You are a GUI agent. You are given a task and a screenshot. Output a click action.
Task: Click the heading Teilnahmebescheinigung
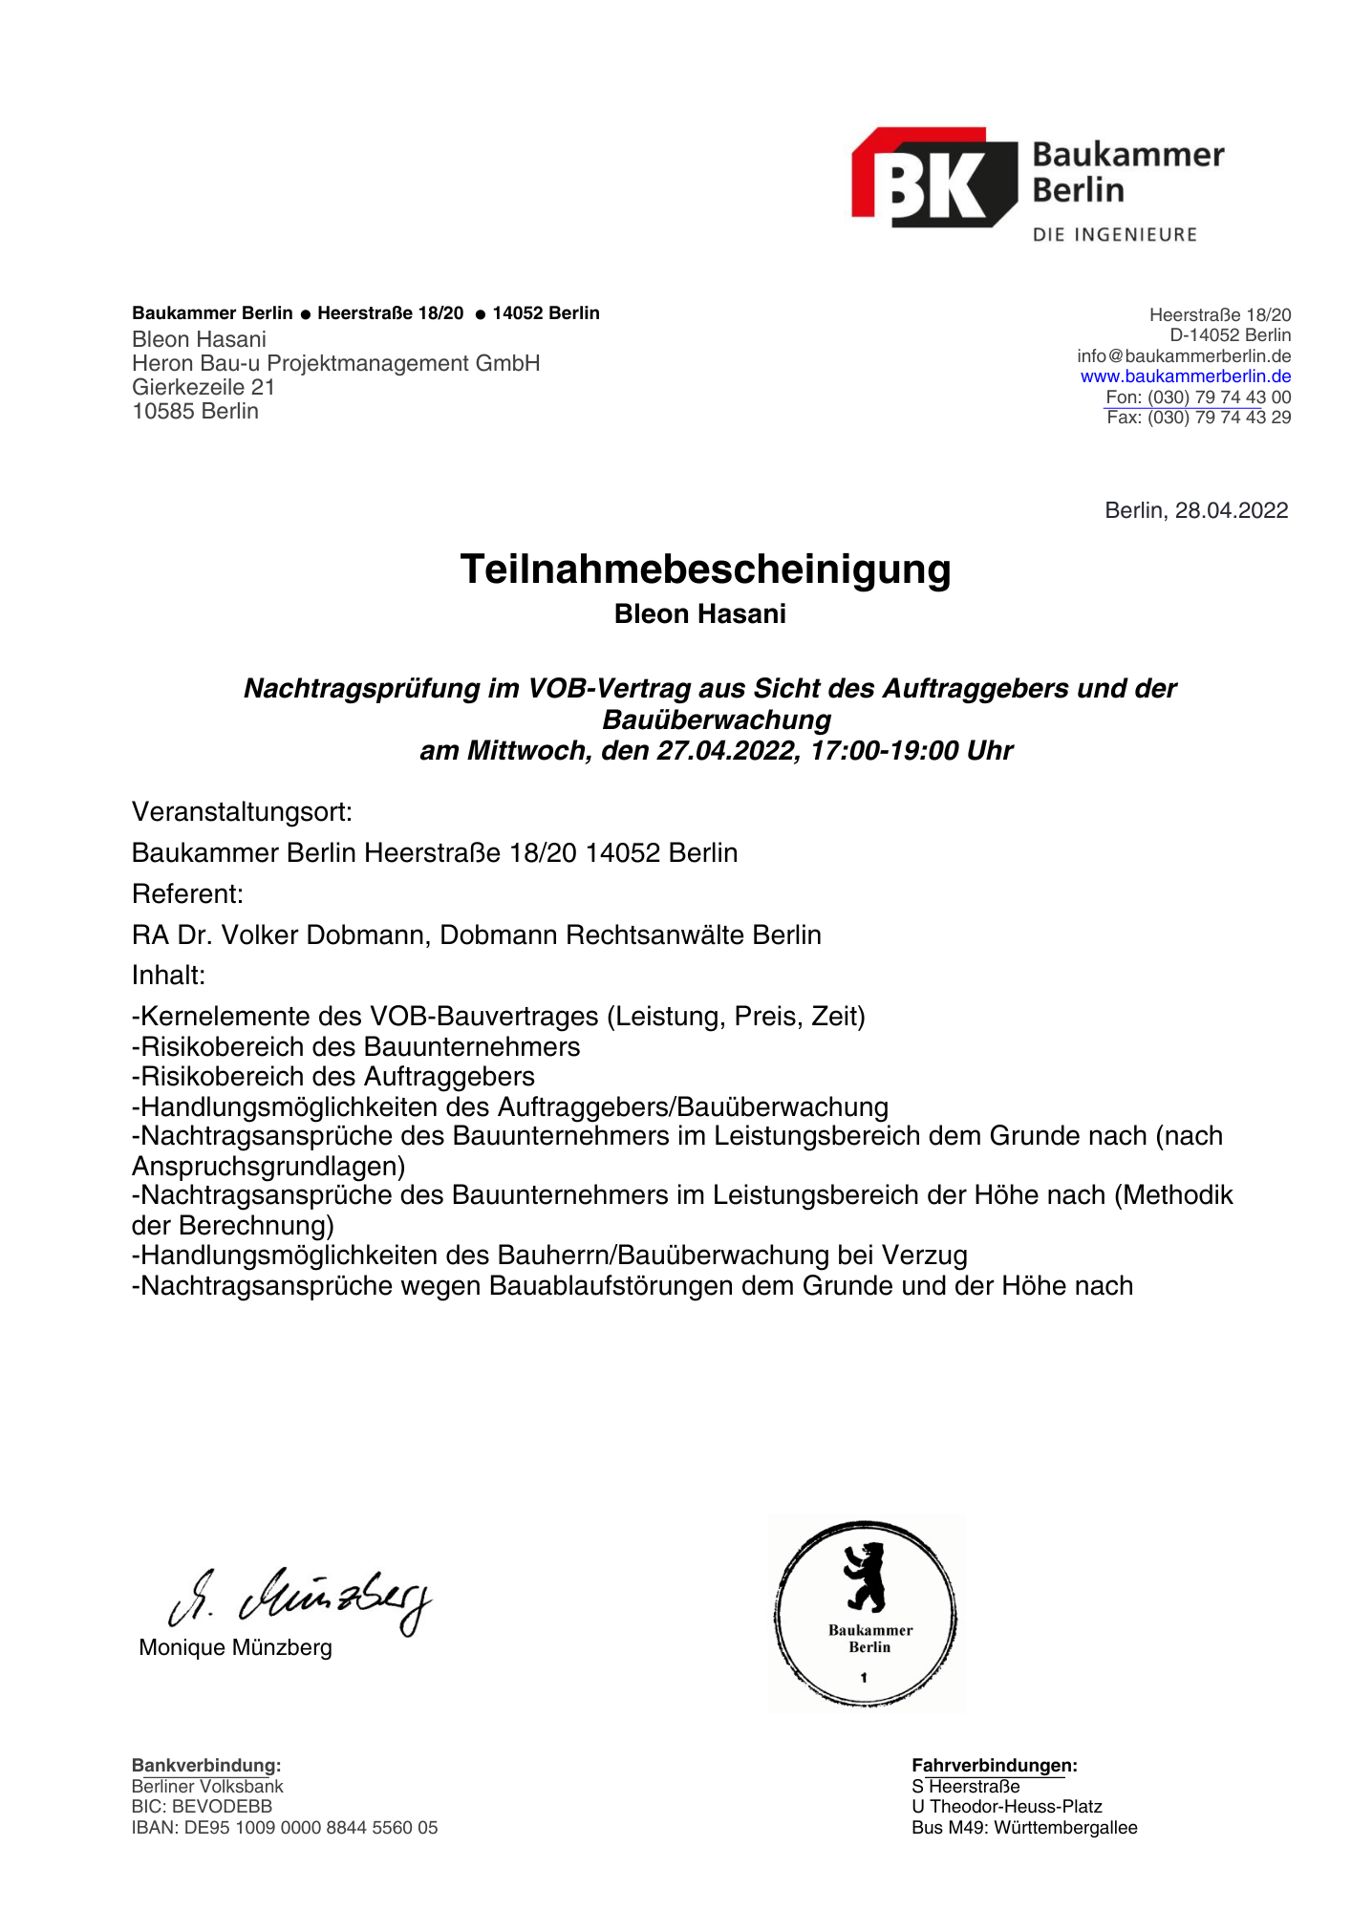(x=705, y=569)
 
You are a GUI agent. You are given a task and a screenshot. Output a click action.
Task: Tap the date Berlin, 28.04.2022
(x=1195, y=510)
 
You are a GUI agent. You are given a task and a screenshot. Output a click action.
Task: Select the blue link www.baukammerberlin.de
(x=1185, y=376)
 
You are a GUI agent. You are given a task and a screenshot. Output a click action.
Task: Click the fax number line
(x=1198, y=418)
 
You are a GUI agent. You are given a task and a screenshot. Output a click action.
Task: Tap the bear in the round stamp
(x=866, y=1576)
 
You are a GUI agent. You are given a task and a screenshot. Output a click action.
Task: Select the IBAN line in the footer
(x=284, y=1828)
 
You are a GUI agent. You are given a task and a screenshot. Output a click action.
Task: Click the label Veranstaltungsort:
(x=242, y=812)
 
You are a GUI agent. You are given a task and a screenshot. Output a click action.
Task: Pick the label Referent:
(x=187, y=894)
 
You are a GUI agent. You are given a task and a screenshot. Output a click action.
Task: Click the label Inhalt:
(x=168, y=976)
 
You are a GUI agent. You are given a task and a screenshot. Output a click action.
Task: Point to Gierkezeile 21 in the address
(x=204, y=387)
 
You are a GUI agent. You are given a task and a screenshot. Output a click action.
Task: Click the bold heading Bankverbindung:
(x=205, y=1766)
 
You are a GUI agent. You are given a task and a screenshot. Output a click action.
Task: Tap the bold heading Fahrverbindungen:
(x=994, y=1766)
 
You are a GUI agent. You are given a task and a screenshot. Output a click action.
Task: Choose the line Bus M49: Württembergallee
(x=1024, y=1828)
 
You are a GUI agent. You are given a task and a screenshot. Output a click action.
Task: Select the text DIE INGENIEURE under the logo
(x=1114, y=235)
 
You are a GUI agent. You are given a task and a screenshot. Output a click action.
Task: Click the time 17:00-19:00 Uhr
(x=911, y=751)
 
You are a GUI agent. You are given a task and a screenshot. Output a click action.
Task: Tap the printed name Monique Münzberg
(x=235, y=1647)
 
